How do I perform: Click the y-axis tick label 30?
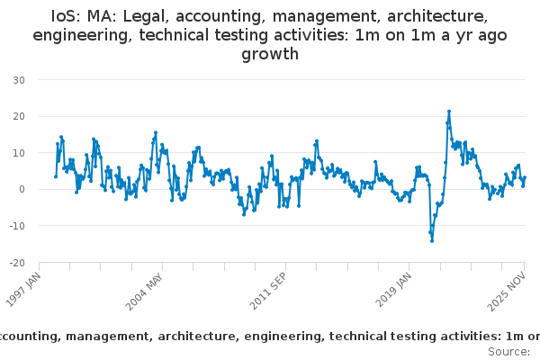point(18,80)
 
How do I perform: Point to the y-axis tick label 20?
point(18,116)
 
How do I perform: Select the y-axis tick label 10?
point(18,153)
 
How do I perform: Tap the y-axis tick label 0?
point(21,189)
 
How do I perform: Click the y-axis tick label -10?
point(16,226)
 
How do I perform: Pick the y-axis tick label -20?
point(16,263)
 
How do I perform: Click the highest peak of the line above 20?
point(449,112)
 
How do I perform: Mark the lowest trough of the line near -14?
point(432,240)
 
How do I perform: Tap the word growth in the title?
point(270,54)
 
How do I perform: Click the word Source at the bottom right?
point(508,351)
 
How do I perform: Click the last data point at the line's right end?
point(526,177)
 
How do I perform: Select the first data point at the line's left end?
point(55,176)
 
